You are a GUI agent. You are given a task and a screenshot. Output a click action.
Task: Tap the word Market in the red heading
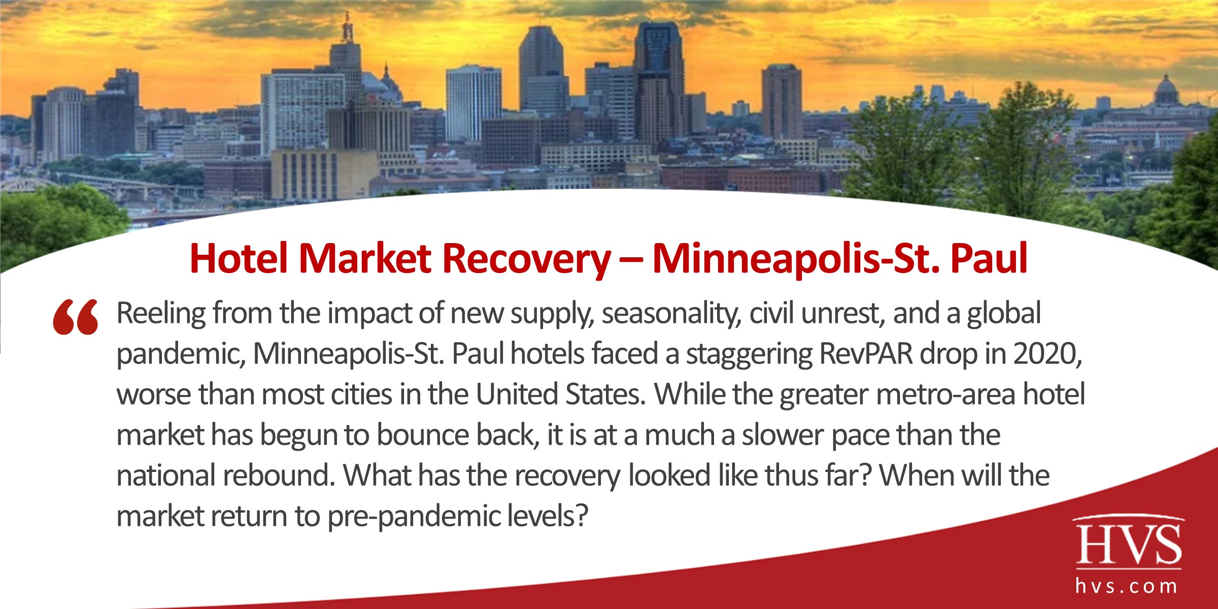coord(365,259)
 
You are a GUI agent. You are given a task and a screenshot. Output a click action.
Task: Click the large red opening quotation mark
coord(76,317)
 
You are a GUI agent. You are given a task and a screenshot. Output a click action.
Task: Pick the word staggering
coord(748,355)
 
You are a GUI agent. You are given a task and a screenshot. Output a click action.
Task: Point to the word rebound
coord(277,476)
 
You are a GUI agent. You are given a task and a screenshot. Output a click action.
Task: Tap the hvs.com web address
coord(1127,587)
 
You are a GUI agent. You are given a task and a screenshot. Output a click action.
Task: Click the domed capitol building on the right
coord(1165,91)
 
